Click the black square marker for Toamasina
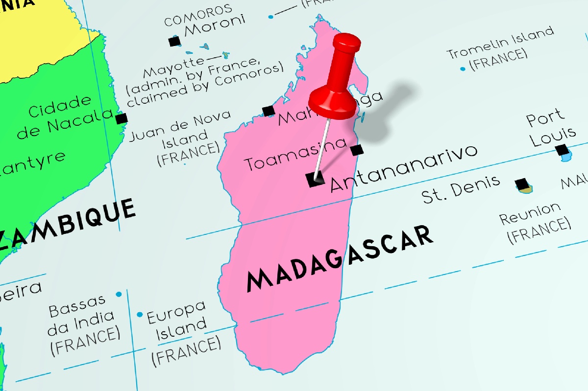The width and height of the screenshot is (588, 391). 357,150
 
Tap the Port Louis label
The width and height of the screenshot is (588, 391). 544,129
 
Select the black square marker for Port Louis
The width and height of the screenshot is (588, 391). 562,149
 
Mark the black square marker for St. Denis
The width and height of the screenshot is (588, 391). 522,184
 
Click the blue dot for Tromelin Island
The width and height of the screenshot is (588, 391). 463,69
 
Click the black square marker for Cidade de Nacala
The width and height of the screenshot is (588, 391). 121,118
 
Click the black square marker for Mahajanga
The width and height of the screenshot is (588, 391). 268,111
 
